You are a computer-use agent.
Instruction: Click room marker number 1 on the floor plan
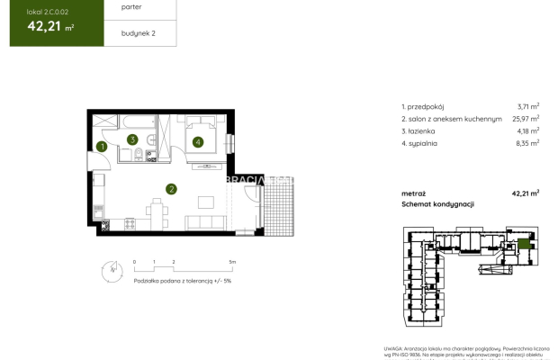tap(103, 147)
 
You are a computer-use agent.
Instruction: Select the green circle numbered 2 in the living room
tap(170, 188)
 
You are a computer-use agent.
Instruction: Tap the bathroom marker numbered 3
tap(132, 139)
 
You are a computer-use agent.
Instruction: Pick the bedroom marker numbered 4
tap(196, 140)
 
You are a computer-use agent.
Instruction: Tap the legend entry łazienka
tap(421, 130)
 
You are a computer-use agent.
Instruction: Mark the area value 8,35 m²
tap(526, 143)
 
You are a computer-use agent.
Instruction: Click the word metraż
tap(414, 193)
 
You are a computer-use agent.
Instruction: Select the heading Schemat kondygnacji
tap(437, 205)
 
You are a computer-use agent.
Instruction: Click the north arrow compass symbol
tap(109, 267)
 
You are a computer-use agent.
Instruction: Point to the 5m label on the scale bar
tap(231, 262)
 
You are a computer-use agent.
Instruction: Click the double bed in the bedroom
tap(202, 135)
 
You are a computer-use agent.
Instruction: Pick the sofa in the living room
tap(199, 220)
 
